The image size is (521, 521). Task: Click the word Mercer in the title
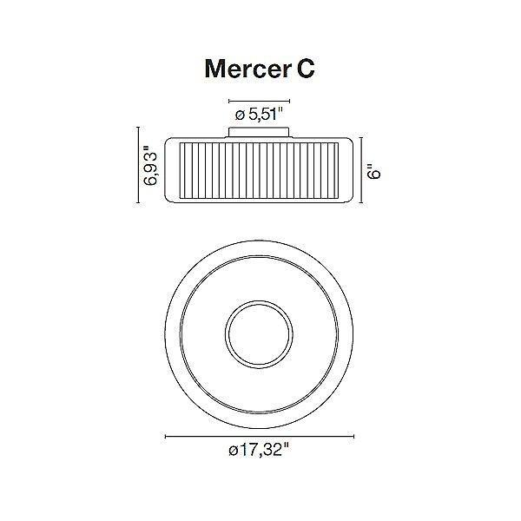pos(244,69)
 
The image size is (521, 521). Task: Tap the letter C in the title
pos(303,69)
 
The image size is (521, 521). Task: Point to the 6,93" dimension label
pos(153,167)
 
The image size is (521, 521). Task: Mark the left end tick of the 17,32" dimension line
pos(165,436)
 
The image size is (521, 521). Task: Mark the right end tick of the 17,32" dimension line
pos(356,436)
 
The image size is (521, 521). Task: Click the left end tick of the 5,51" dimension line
pos(230,101)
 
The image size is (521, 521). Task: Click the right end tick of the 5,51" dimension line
pos(291,101)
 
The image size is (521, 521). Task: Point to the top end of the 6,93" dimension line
pos(138,129)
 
